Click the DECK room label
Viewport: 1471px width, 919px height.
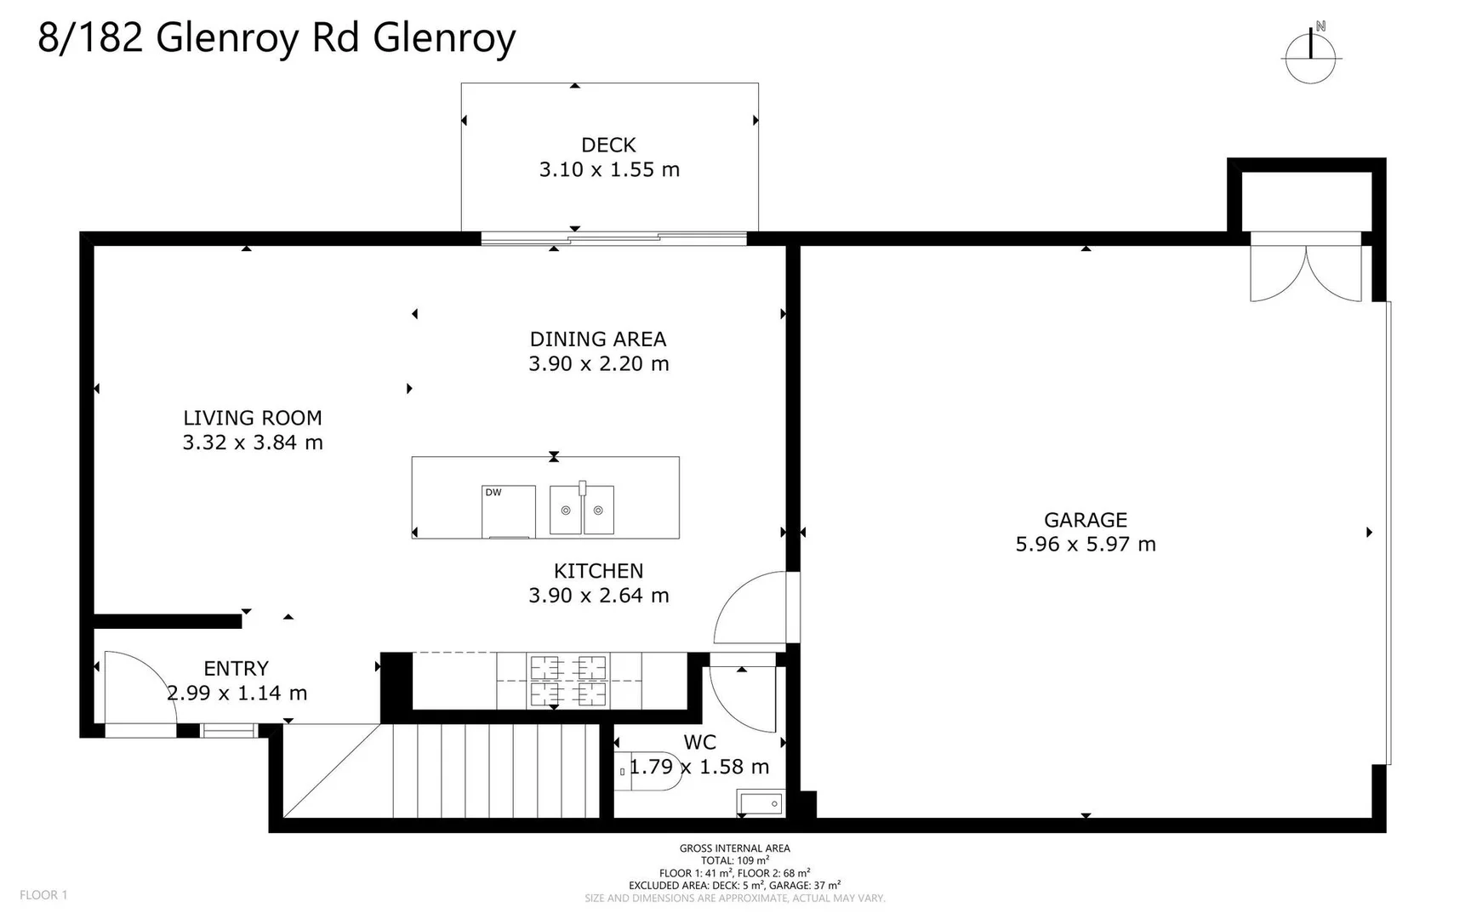[608, 145]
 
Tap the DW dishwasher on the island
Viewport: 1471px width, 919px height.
[508, 511]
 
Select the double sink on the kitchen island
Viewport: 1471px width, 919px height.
[582, 510]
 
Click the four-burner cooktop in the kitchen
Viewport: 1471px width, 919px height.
[567, 681]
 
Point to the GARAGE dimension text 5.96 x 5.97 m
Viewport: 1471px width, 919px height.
[1086, 545]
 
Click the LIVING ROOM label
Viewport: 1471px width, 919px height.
[252, 418]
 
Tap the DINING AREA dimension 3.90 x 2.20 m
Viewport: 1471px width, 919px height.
[598, 364]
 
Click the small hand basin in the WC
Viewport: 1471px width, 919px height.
[760, 803]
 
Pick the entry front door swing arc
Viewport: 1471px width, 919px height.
[140, 686]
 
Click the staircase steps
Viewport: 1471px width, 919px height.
[493, 770]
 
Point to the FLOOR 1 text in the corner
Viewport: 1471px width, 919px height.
[43, 894]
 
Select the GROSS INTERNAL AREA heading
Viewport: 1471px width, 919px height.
[734, 848]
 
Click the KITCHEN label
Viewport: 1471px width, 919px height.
[598, 571]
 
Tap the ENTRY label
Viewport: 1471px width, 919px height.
[236, 669]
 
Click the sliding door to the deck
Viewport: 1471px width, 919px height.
[613, 239]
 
